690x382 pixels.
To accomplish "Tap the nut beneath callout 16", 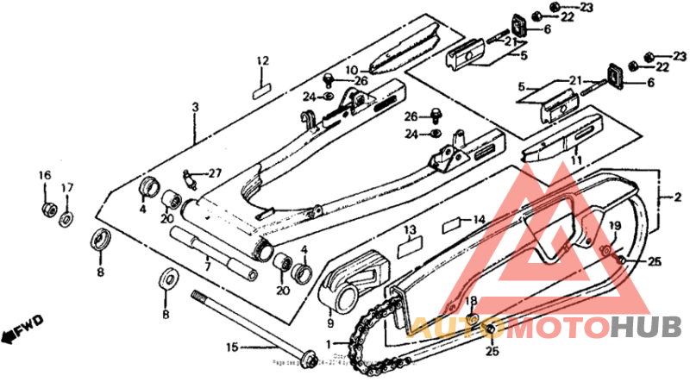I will [47, 209].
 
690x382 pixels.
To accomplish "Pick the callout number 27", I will [214, 172].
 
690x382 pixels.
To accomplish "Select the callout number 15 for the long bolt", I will [232, 348].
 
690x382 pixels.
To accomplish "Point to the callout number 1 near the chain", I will [327, 344].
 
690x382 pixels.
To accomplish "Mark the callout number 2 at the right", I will [677, 198].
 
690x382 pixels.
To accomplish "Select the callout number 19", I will [615, 226].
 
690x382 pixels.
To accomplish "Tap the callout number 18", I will [471, 300].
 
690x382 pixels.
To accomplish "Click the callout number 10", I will [352, 70].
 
